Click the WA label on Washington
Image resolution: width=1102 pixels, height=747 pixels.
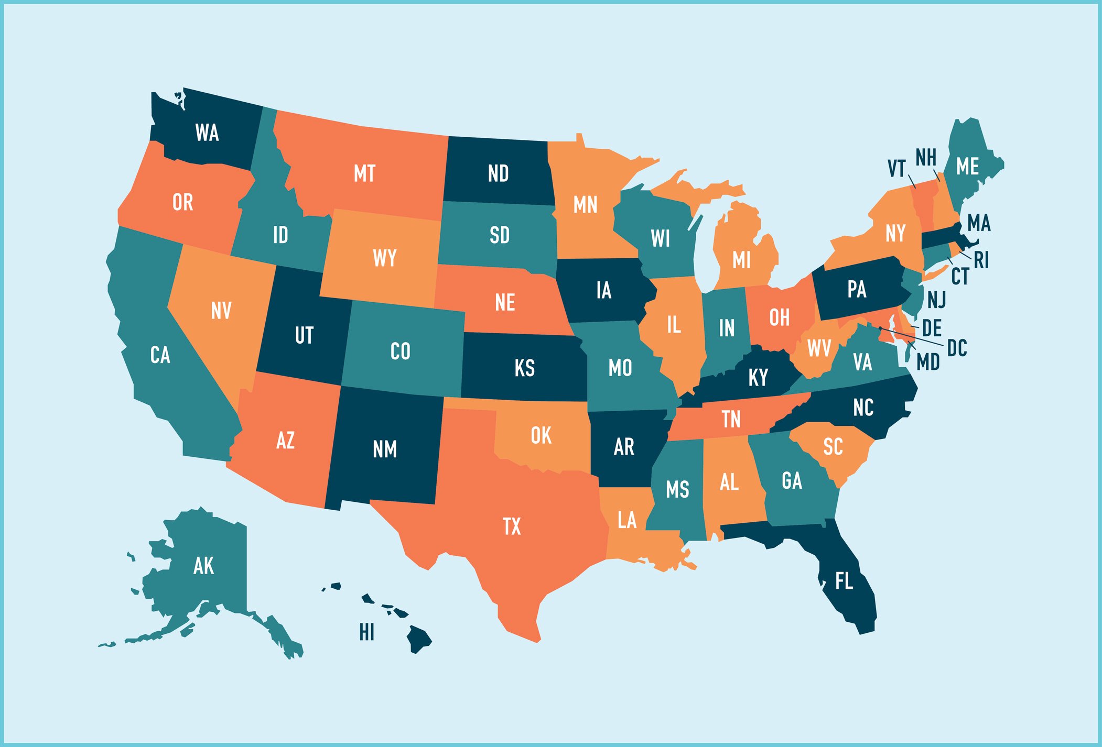[x=207, y=133]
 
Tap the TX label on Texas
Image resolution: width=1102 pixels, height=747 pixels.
[x=512, y=526]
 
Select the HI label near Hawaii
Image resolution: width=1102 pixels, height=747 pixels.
[x=367, y=632]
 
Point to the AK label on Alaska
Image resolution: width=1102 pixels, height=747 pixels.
[x=203, y=566]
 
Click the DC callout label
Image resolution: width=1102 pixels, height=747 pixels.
[x=957, y=348]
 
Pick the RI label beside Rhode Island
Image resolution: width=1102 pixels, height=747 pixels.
[x=981, y=259]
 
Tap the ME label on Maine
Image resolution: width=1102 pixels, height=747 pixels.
[x=967, y=167]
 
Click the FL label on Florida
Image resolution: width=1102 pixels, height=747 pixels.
[x=844, y=581]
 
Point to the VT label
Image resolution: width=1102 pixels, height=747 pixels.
[x=896, y=169]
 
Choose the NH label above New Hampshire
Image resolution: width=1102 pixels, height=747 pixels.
[x=926, y=157]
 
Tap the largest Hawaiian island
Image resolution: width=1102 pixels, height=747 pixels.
[x=419, y=639]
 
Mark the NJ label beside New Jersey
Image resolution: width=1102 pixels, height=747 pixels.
[x=936, y=300]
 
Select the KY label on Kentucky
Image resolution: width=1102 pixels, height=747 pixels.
[x=758, y=377]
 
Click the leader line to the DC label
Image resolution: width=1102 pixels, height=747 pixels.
[x=915, y=337]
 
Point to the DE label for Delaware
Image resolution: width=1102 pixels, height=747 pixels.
[x=932, y=328]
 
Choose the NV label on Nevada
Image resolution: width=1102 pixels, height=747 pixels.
[x=221, y=311]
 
